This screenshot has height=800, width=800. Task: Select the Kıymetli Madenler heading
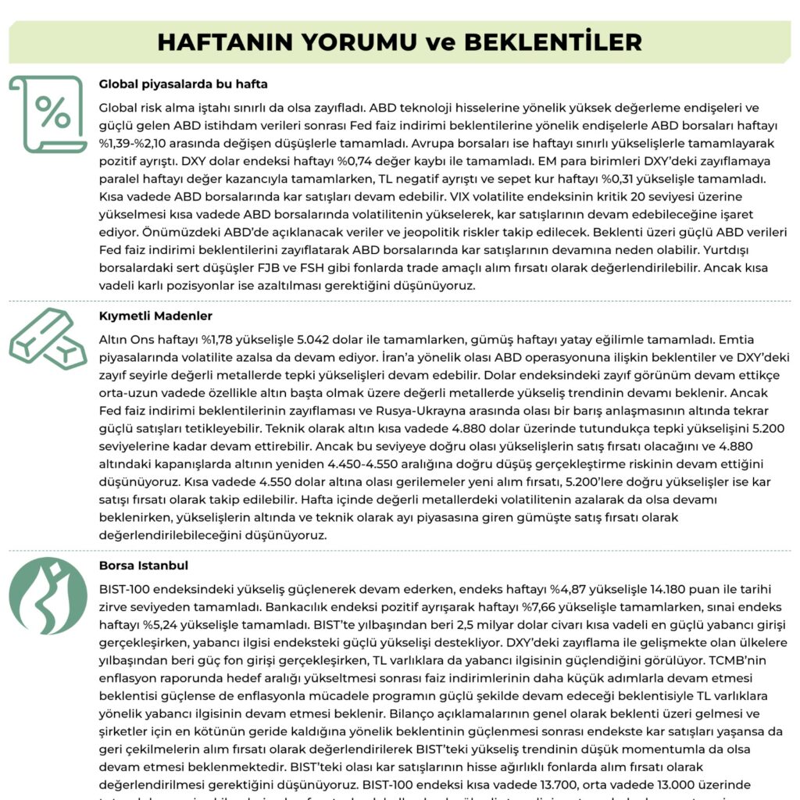[155, 316]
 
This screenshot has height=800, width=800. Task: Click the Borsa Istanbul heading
[143, 565]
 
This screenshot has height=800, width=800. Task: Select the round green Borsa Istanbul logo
[48, 596]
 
